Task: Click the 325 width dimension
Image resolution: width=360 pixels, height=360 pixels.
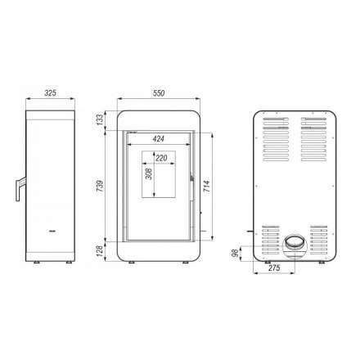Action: [50, 92]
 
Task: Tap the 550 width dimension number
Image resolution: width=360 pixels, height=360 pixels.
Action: [159, 93]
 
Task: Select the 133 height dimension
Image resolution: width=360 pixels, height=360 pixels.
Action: [100, 119]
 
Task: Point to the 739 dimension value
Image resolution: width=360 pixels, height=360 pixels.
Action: [100, 186]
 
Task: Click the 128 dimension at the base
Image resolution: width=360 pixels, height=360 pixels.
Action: [100, 251]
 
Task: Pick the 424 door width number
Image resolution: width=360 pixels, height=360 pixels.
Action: [158, 138]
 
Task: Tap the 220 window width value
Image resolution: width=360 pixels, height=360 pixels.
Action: [161, 158]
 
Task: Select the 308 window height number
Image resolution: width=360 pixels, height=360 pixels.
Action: [149, 173]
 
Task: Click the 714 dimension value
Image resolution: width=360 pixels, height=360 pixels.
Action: [206, 186]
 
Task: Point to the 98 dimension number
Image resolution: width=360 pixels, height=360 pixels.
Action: [235, 253]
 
